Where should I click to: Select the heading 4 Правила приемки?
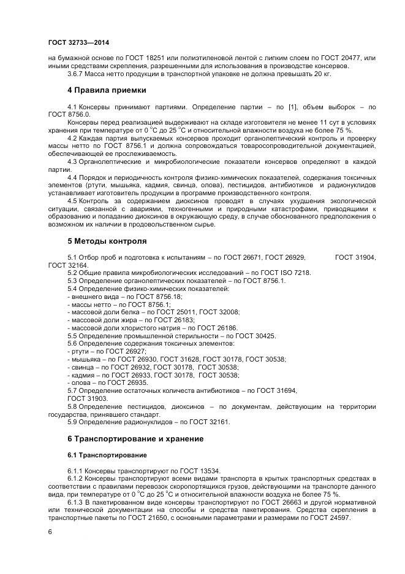coord(107,90)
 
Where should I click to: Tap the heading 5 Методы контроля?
coord(107,241)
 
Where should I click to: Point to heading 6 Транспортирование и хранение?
coord(135,439)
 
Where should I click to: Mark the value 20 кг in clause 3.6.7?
coord(320,74)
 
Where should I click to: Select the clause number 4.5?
coord(72,201)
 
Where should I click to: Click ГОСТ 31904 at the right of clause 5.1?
coord(355,257)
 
